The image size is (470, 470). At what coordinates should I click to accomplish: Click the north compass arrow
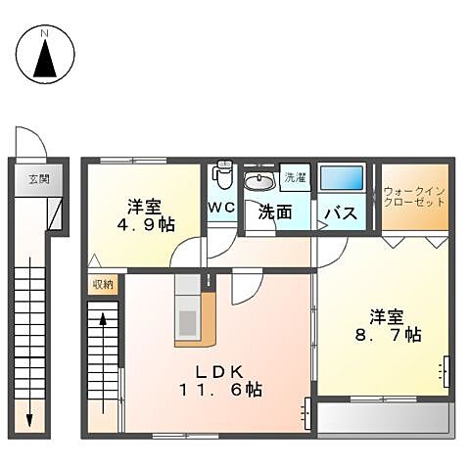pyautogui.click(x=45, y=61)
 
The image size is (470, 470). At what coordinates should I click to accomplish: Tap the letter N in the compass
pyautogui.click(x=45, y=34)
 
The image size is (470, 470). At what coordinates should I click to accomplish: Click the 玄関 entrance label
pyautogui.click(x=38, y=178)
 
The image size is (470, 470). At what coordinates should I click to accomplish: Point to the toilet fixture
pyautogui.click(x=223, y=175)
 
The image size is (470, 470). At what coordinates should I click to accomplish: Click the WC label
pyautogui.click(x=219, y=208)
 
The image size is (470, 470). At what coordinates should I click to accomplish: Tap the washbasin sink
pyautogui.click(x=260, y=181)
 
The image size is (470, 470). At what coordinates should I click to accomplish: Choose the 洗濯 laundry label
pyautogui.click(x=294, y=177)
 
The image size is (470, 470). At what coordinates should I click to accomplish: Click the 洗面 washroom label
pyautogui.click(x=275, y=211)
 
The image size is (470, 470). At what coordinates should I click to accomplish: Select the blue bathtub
pyautogui.click(x=341, y=178)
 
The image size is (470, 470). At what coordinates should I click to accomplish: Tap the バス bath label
pyautogui.click(x=339, y=212)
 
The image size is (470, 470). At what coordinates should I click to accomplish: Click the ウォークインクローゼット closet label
pyautogui.click(x=414, y=196)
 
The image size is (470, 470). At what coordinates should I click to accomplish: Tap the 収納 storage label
pyautogui.click(x=102, y=284)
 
